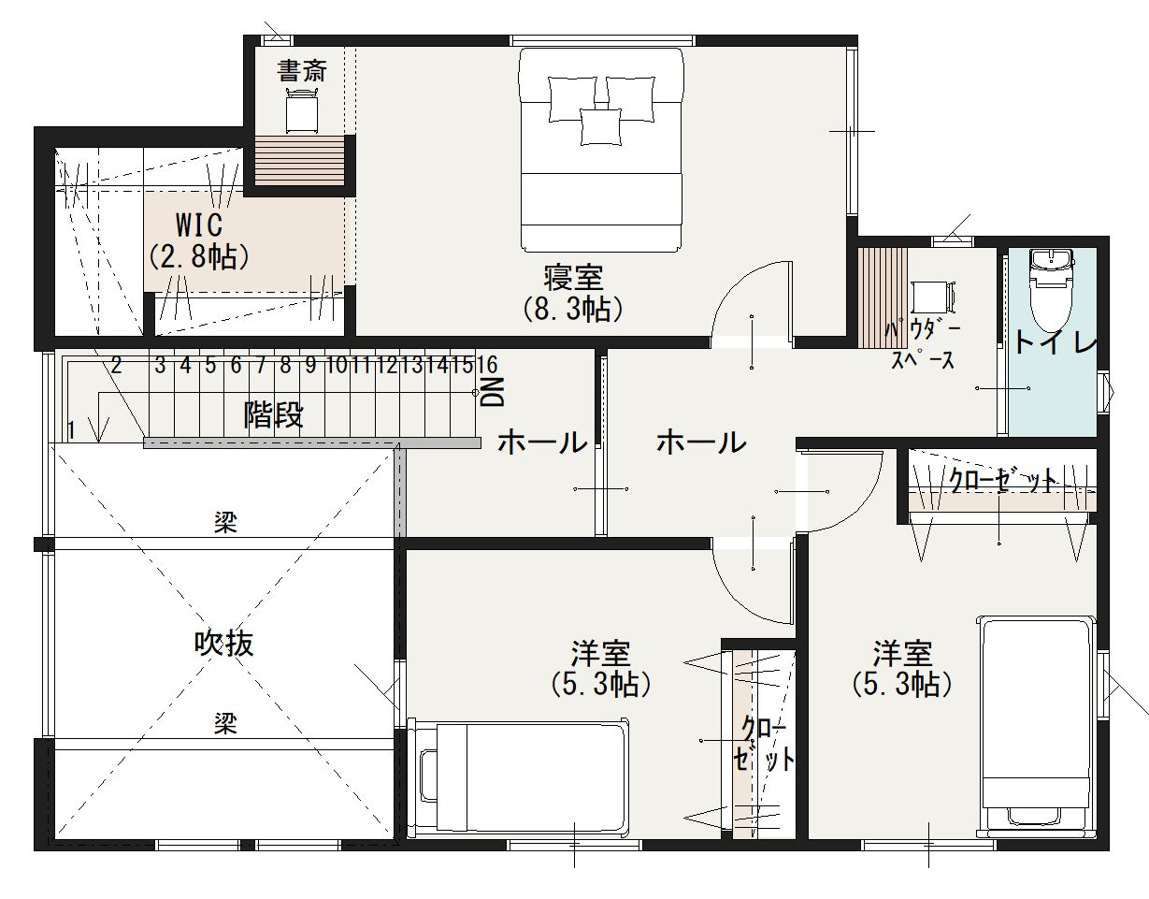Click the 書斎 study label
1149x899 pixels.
[302, 71]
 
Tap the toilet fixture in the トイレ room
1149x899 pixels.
[1052, 290]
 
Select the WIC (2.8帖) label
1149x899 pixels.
[199, 241]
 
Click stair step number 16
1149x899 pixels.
[487, 364]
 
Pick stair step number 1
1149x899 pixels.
[72, 430]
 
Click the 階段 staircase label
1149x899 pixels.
[273, 414]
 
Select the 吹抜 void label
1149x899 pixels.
[223, 644]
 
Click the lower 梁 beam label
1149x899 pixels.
[226, 723]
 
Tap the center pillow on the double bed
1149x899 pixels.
[600, 126]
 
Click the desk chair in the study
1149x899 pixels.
[302, 110]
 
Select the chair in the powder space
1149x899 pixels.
[934, 297]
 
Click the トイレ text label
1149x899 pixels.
[1053, 343]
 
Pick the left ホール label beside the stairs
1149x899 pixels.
[542, 442]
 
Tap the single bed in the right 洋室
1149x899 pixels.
[1035, 727]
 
